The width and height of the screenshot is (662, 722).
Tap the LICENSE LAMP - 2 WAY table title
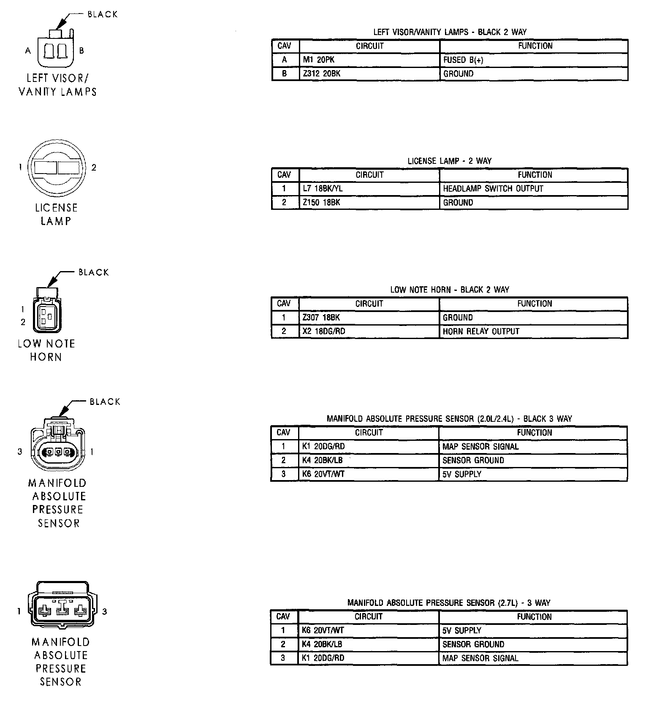coord(450,161)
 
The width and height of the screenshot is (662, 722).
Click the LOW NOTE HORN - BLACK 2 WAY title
coord(450,290)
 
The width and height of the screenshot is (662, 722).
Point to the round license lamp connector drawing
coord(57,168)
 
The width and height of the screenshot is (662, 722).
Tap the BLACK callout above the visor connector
coord(102,14)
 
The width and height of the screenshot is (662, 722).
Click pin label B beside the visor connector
coord(81,51)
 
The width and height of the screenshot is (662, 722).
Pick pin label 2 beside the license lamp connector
coord(94,168)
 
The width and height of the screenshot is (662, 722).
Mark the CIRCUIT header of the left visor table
coord(369,46)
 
